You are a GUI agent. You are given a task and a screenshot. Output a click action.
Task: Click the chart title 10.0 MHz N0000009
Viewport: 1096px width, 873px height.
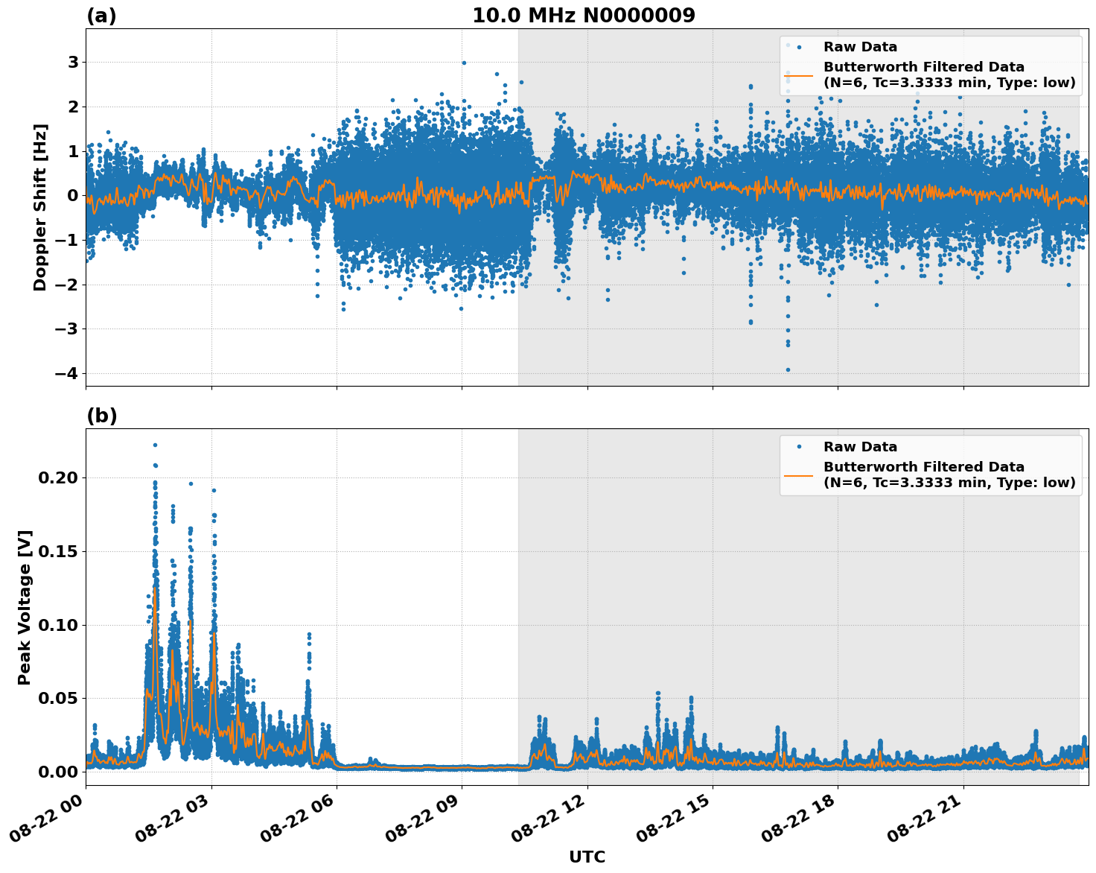coord(584,16)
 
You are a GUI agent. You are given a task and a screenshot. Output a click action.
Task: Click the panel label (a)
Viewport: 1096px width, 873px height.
coord(101,16)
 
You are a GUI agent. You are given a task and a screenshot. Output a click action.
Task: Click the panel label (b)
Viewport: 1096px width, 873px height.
coord(101,416)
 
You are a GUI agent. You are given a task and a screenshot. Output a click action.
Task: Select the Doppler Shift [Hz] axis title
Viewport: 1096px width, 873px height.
coord(40,207)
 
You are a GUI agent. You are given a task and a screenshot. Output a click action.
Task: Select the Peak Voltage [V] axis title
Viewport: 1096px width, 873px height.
coord(25,607)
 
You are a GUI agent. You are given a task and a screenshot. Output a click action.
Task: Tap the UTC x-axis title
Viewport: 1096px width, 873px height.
coord(587,857)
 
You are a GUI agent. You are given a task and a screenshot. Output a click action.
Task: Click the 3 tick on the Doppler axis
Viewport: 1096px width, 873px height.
coord(73,62)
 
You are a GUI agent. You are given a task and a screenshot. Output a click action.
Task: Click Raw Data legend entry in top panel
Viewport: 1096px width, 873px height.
coord(860,47)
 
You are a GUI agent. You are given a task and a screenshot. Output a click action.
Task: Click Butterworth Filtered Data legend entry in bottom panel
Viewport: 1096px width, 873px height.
coord(949,474)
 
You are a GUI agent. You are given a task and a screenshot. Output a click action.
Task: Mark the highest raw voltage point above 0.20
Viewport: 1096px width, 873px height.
coord(155,445)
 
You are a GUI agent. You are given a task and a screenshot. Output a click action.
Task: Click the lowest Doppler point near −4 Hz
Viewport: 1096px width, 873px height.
coord(788,369)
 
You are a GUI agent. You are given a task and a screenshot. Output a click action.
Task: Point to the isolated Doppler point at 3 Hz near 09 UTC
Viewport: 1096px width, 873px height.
coord(463,63)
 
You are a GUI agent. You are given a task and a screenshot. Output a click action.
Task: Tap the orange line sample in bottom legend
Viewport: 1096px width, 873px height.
coord(799,474)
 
